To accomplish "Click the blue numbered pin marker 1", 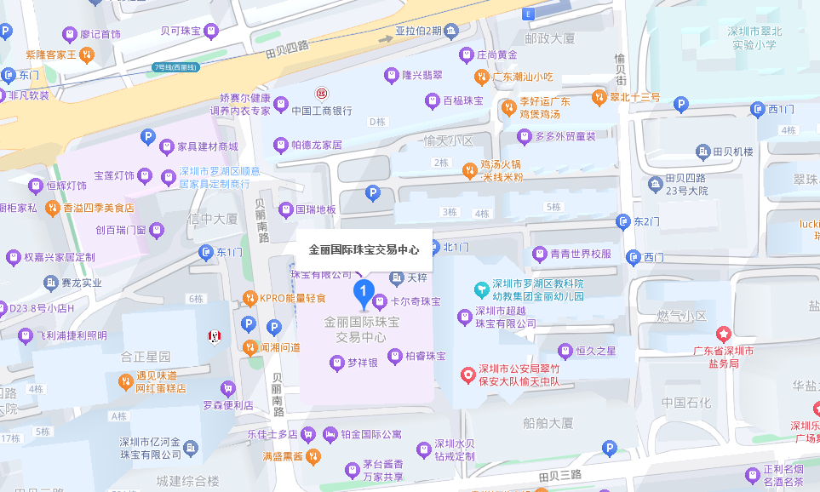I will pos(364,294).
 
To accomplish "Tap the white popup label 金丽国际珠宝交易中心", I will pos(364,250).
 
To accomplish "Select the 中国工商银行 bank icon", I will pos(322,93).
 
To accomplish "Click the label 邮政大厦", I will pos(550,39).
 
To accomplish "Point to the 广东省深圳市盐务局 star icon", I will pos(724,334).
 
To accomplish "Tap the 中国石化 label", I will pos(685,403).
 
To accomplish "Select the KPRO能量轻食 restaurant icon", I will pos(249,298).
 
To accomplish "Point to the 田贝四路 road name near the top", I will pos(286,51).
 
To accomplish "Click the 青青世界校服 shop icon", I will pos(539,254).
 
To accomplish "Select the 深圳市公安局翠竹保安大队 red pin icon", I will pos(467,375).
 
